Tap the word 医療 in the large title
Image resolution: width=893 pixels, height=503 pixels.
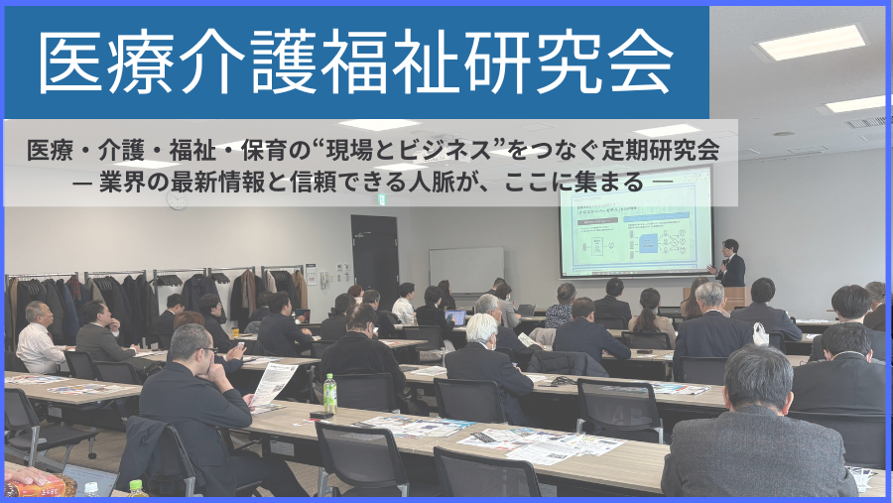pyautogui.click(x=89, y=60)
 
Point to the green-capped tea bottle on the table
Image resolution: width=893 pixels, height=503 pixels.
pyautogui.click(x=329, y=393)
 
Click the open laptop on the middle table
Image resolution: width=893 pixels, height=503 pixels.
pyautogui.click(x=455, y=317)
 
